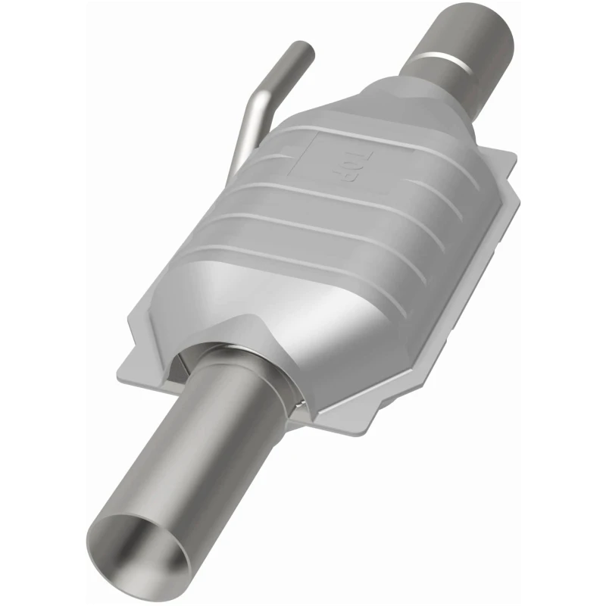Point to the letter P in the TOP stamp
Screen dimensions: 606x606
pyautogui.click(x=339, y=180)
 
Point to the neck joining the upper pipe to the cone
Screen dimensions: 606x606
pyautogui.click(x=424, y=83)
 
